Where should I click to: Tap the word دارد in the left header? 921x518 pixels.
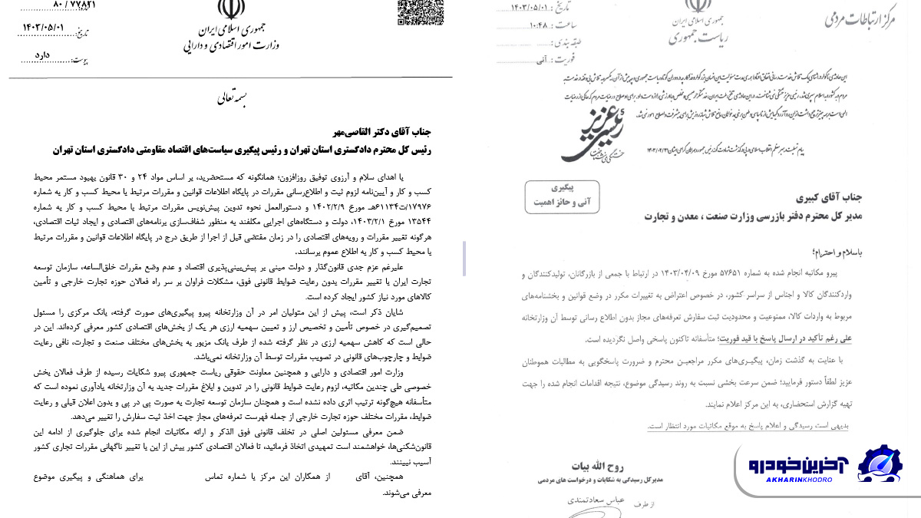coord(42,56)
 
